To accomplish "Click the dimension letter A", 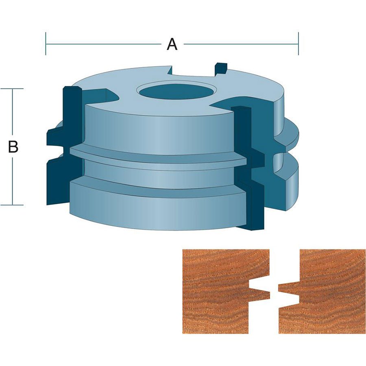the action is [172, 44].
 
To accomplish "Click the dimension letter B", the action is [13, 146].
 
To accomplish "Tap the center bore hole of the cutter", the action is [177, 91].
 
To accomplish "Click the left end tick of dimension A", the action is [46, 44].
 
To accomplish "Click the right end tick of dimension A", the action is [298, 44].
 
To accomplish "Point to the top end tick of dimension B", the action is [12, 89].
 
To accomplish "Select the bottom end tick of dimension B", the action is [12, 205].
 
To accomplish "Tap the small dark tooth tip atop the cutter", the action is [221, 68].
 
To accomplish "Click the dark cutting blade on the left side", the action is [64, 146].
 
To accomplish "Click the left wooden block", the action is [226, 291].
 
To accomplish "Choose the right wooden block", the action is [322, 291].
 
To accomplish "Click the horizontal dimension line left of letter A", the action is [103, 44].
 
